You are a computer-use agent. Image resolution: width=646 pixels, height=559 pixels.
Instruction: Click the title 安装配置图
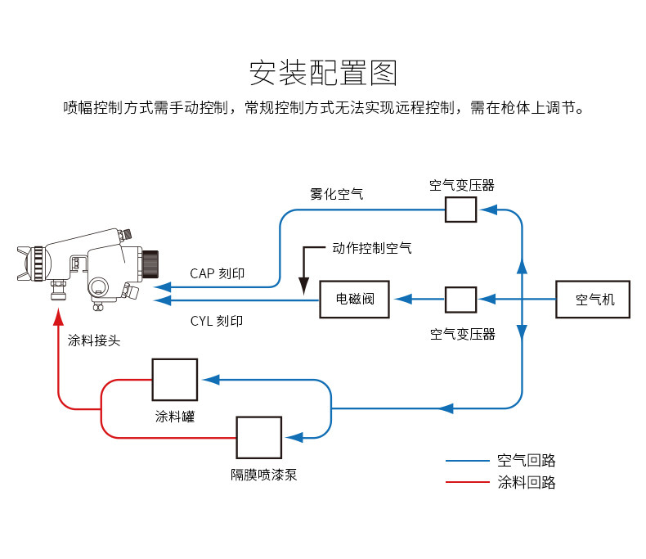(x=323, y=74)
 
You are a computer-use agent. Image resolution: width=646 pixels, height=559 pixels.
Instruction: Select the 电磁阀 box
(x=354, y=300)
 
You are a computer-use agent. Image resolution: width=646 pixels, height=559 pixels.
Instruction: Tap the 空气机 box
(x=594, y=300)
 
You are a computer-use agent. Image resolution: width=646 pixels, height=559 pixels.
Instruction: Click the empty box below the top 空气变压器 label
(x=460, y=210)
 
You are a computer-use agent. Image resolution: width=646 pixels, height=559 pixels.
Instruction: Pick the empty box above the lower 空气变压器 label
(x=460, y=300)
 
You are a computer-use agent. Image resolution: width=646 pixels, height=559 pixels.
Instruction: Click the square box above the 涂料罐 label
(x=174, y=380)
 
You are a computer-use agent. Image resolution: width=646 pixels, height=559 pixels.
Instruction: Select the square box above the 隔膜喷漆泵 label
(x=258, y=438)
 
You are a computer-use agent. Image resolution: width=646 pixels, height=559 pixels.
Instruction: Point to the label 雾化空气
(x=336, y=194)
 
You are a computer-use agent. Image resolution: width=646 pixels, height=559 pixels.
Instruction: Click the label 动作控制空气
(x=371, y=247)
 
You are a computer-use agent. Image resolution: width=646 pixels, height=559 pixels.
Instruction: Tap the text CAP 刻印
(x=217, y=273)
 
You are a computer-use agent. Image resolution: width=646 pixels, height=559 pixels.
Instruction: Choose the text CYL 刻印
(x=217, y=321)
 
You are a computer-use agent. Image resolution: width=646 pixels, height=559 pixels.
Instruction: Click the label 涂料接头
(x=93, y=340)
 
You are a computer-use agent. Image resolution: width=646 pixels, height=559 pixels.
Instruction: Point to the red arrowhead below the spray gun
(x=58, y=313)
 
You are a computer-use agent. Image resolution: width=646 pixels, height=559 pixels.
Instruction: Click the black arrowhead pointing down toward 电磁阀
(x=303, y=286)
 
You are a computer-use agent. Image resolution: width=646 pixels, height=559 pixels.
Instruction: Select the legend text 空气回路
(x=526, y=461)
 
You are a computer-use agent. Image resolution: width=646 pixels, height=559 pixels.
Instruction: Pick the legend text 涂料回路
(x=526, y=482)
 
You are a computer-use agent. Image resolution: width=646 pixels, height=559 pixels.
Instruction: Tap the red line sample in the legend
(x=467, y=482)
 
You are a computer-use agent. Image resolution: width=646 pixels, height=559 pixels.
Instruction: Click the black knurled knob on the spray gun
(x=150, y=264)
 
